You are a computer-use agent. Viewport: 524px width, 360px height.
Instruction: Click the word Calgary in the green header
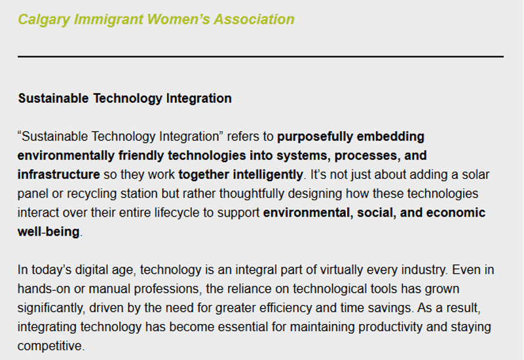44,20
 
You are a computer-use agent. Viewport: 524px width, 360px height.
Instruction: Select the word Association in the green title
254,19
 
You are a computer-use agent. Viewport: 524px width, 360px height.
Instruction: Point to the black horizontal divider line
261,57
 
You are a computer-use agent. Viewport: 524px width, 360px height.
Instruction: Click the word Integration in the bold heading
199,99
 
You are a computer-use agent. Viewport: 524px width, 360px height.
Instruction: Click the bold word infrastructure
59,175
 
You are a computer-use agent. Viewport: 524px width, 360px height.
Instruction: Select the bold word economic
456,213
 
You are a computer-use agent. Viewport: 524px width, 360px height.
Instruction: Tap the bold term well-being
48,232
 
